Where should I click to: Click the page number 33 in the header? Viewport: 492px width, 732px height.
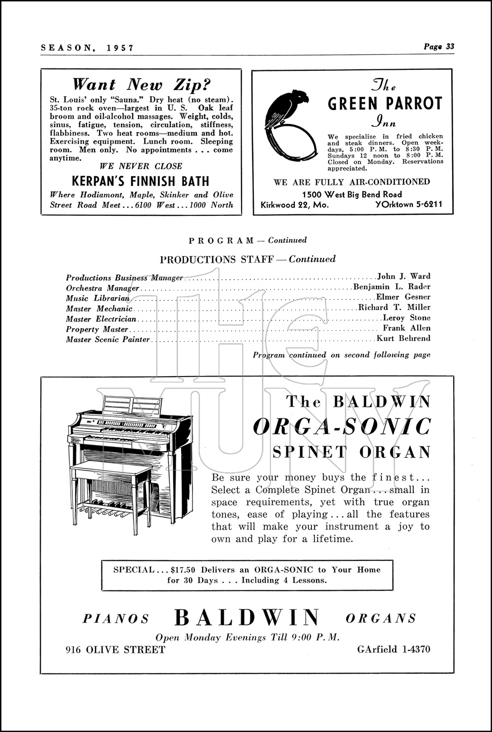click(x=450, y=47)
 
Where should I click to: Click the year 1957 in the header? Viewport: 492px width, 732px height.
click(x=120, y=48)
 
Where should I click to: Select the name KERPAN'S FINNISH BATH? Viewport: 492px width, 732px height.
click(x=141, y=181)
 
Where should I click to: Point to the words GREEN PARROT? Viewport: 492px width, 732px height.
click(x=385, y=104)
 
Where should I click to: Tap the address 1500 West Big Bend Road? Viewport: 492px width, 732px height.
click(x=352, y=194)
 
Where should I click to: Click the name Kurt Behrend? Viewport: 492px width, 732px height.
click(x=403, y=338)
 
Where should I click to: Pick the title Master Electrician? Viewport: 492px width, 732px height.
click(x=101, y=319)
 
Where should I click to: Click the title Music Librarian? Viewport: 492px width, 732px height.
click(x=98, y=298)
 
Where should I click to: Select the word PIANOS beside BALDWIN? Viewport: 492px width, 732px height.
click(x=116, y=618)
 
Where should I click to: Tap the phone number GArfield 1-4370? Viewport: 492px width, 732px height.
click(x=394, y=649)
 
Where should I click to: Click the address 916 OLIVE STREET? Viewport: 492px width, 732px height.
click(x=116, y=650)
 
